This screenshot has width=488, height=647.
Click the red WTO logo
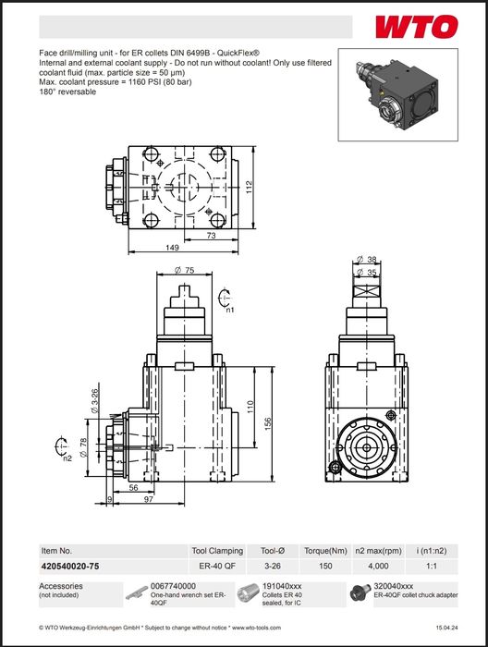pyautogui.click(x=417, y=27)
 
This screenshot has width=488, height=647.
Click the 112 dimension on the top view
pyautogui.click(x=250, y=189)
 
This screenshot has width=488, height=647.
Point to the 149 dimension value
pyautogui.click(x=173, y=247)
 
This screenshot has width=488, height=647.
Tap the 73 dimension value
pyautogui.click(x=211, y=236)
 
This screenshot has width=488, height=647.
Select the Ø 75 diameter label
pyautogui.click(x=184, y=270)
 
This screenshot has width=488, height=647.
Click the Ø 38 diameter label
pyautogui.click(x=367, y=260)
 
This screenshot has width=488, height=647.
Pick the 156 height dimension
pyautogui.click(x=268, y=424)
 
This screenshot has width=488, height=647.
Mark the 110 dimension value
pyautogui.click(x=250, y=407)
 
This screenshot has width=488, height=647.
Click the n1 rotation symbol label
pyautogui.click(x=230, y=309)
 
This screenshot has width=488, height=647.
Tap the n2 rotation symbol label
pyautogui.click(x=67, y=458)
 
